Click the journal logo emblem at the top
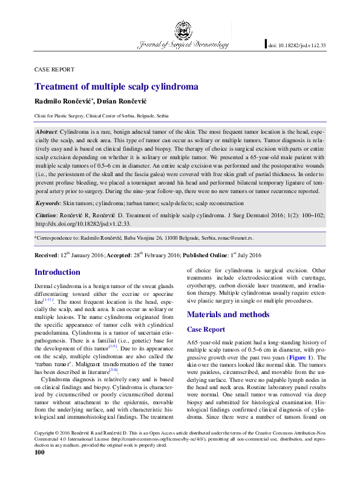[x=182, y=29]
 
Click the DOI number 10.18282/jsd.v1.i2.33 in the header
[x=297, y=44]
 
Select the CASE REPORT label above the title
[x=54, y=70]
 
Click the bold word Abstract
[x=47, y=131]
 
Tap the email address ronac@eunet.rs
[x=208, y=239]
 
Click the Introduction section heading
[x=57, y=272]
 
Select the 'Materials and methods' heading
[x=228, y=314]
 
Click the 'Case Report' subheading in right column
[x=206, y=329]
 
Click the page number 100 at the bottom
[x=40, y=469]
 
